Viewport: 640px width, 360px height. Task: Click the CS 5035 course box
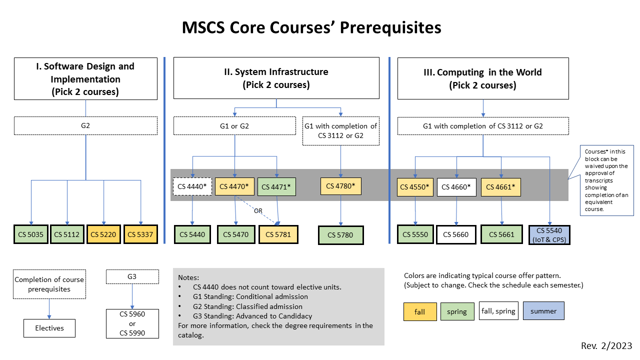(x=31, y=234)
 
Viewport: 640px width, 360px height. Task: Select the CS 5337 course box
(x=140, y=234)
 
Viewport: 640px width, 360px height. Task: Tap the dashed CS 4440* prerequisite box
(x=192, y=186)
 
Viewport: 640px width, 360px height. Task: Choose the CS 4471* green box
(x=276, y=186)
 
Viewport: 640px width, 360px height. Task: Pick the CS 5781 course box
(x=278, y=234)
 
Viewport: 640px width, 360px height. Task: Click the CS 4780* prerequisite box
(x=340, y=186)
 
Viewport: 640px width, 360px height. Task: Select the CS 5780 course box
(x=340, y=235)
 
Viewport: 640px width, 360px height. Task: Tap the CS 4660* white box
(x=456, y=186)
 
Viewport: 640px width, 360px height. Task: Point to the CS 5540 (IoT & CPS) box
(x=549, y=234)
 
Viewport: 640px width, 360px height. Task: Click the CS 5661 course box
(x=502, y=234)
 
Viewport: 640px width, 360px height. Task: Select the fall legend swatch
(x=420, y=311)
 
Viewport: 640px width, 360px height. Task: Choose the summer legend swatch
(x=543, y=311)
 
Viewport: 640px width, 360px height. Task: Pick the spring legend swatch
(x=457, y=311)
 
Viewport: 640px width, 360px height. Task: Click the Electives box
(x=49, y=328)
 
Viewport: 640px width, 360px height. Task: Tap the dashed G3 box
(x=132, y=276)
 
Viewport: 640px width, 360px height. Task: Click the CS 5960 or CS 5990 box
(x=132, y=323)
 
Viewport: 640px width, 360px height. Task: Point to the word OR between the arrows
(x=258, y=211)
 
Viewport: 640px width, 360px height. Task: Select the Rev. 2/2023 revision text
(x=606, y=346)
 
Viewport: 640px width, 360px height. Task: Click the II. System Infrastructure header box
(x=276, y=78)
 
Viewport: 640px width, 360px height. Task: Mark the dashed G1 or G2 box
(x=234, y=126)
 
